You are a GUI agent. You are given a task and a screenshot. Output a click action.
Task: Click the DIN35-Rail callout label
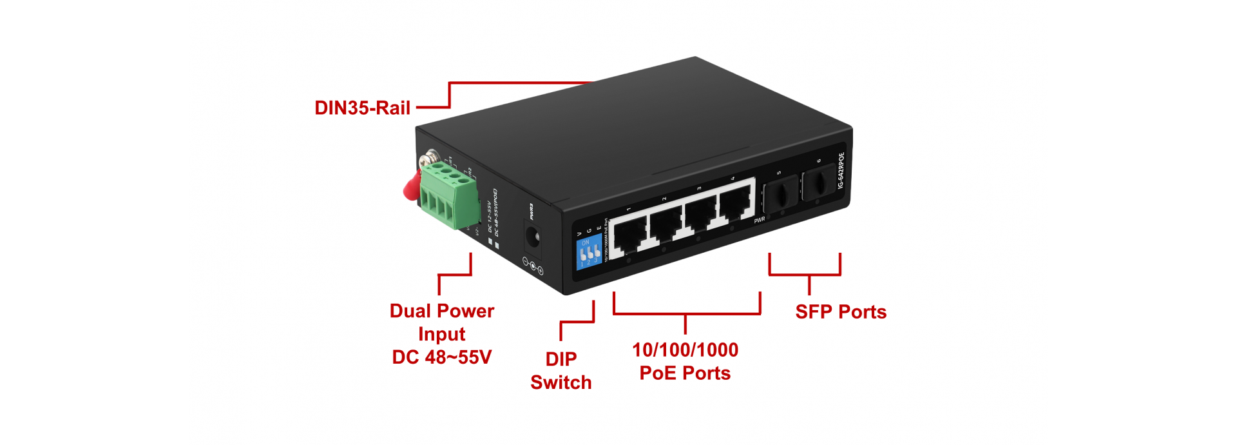(x=362, y=108)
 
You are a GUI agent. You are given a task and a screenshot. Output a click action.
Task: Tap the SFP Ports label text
(x=841, y=312)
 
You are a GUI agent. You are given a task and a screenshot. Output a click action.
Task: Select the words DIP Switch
(x=561, y=371)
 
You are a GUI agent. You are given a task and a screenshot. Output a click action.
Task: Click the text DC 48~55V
(x=442, y=357)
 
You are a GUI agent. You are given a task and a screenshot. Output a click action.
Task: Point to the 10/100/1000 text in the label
(x=685, y=350)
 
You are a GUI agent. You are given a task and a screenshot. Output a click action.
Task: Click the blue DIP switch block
(x=588, y=252)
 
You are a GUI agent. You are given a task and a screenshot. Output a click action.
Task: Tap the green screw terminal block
(x=449, y=193)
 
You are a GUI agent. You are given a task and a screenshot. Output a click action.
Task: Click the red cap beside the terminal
(x=410, y=186)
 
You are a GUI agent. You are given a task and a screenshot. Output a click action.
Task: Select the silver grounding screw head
(x=428, y=158)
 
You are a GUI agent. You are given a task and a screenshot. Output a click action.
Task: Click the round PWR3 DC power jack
(x=532, y=239)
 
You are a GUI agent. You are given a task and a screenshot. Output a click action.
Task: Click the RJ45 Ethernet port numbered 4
(x=735, y=203)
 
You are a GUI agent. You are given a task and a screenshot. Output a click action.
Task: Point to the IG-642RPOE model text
(x=841, y=171)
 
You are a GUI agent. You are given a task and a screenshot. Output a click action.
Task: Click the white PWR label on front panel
(x=760, y=220)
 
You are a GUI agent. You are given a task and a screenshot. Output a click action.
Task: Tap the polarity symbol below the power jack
(x=533, y=266)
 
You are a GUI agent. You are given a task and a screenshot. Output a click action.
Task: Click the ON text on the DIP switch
(x=585, y=242)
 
